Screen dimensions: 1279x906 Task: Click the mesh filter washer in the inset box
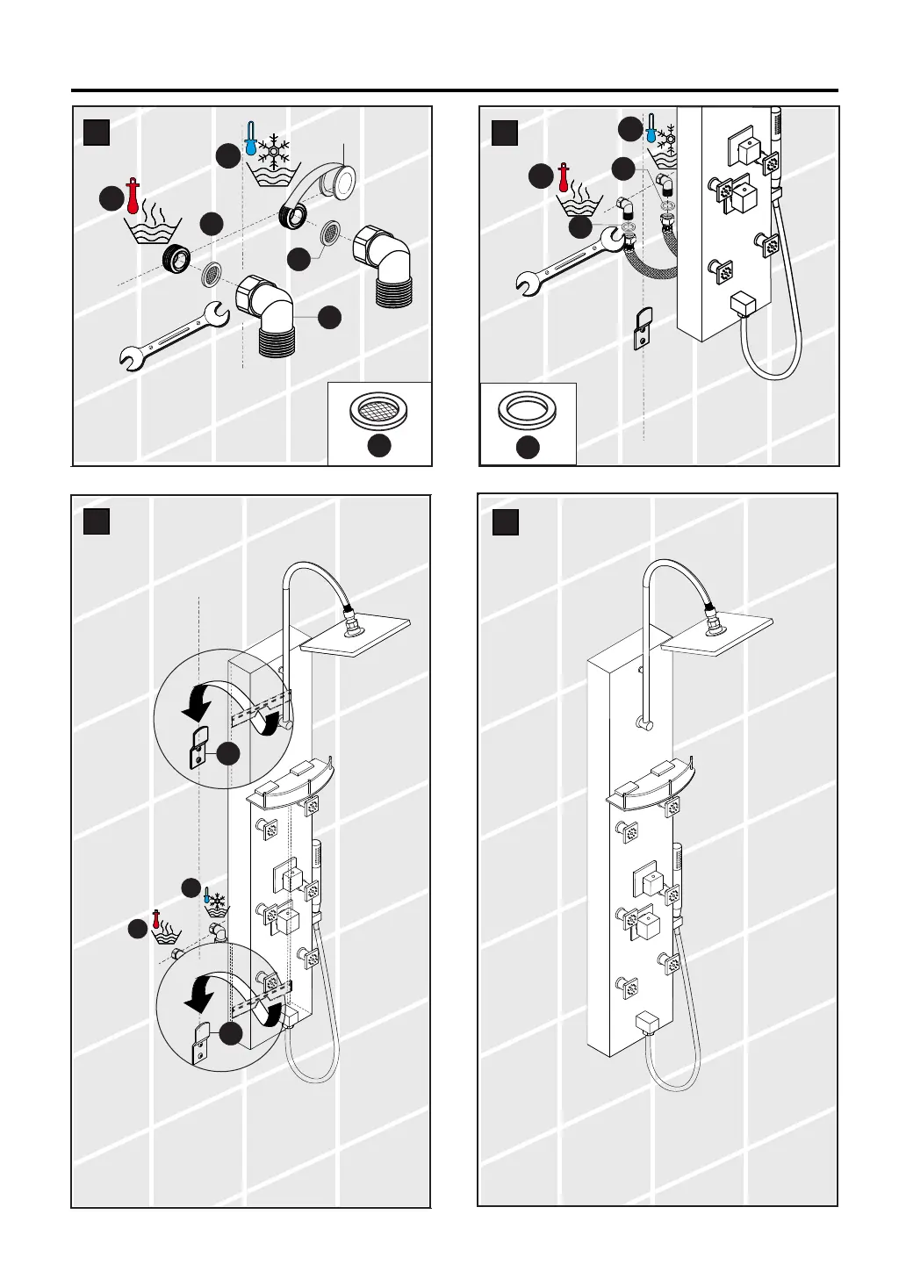coord(378,411)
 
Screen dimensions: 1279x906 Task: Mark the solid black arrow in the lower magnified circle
coord(198,993)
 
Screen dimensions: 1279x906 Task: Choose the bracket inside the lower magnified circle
coord(201,1042)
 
